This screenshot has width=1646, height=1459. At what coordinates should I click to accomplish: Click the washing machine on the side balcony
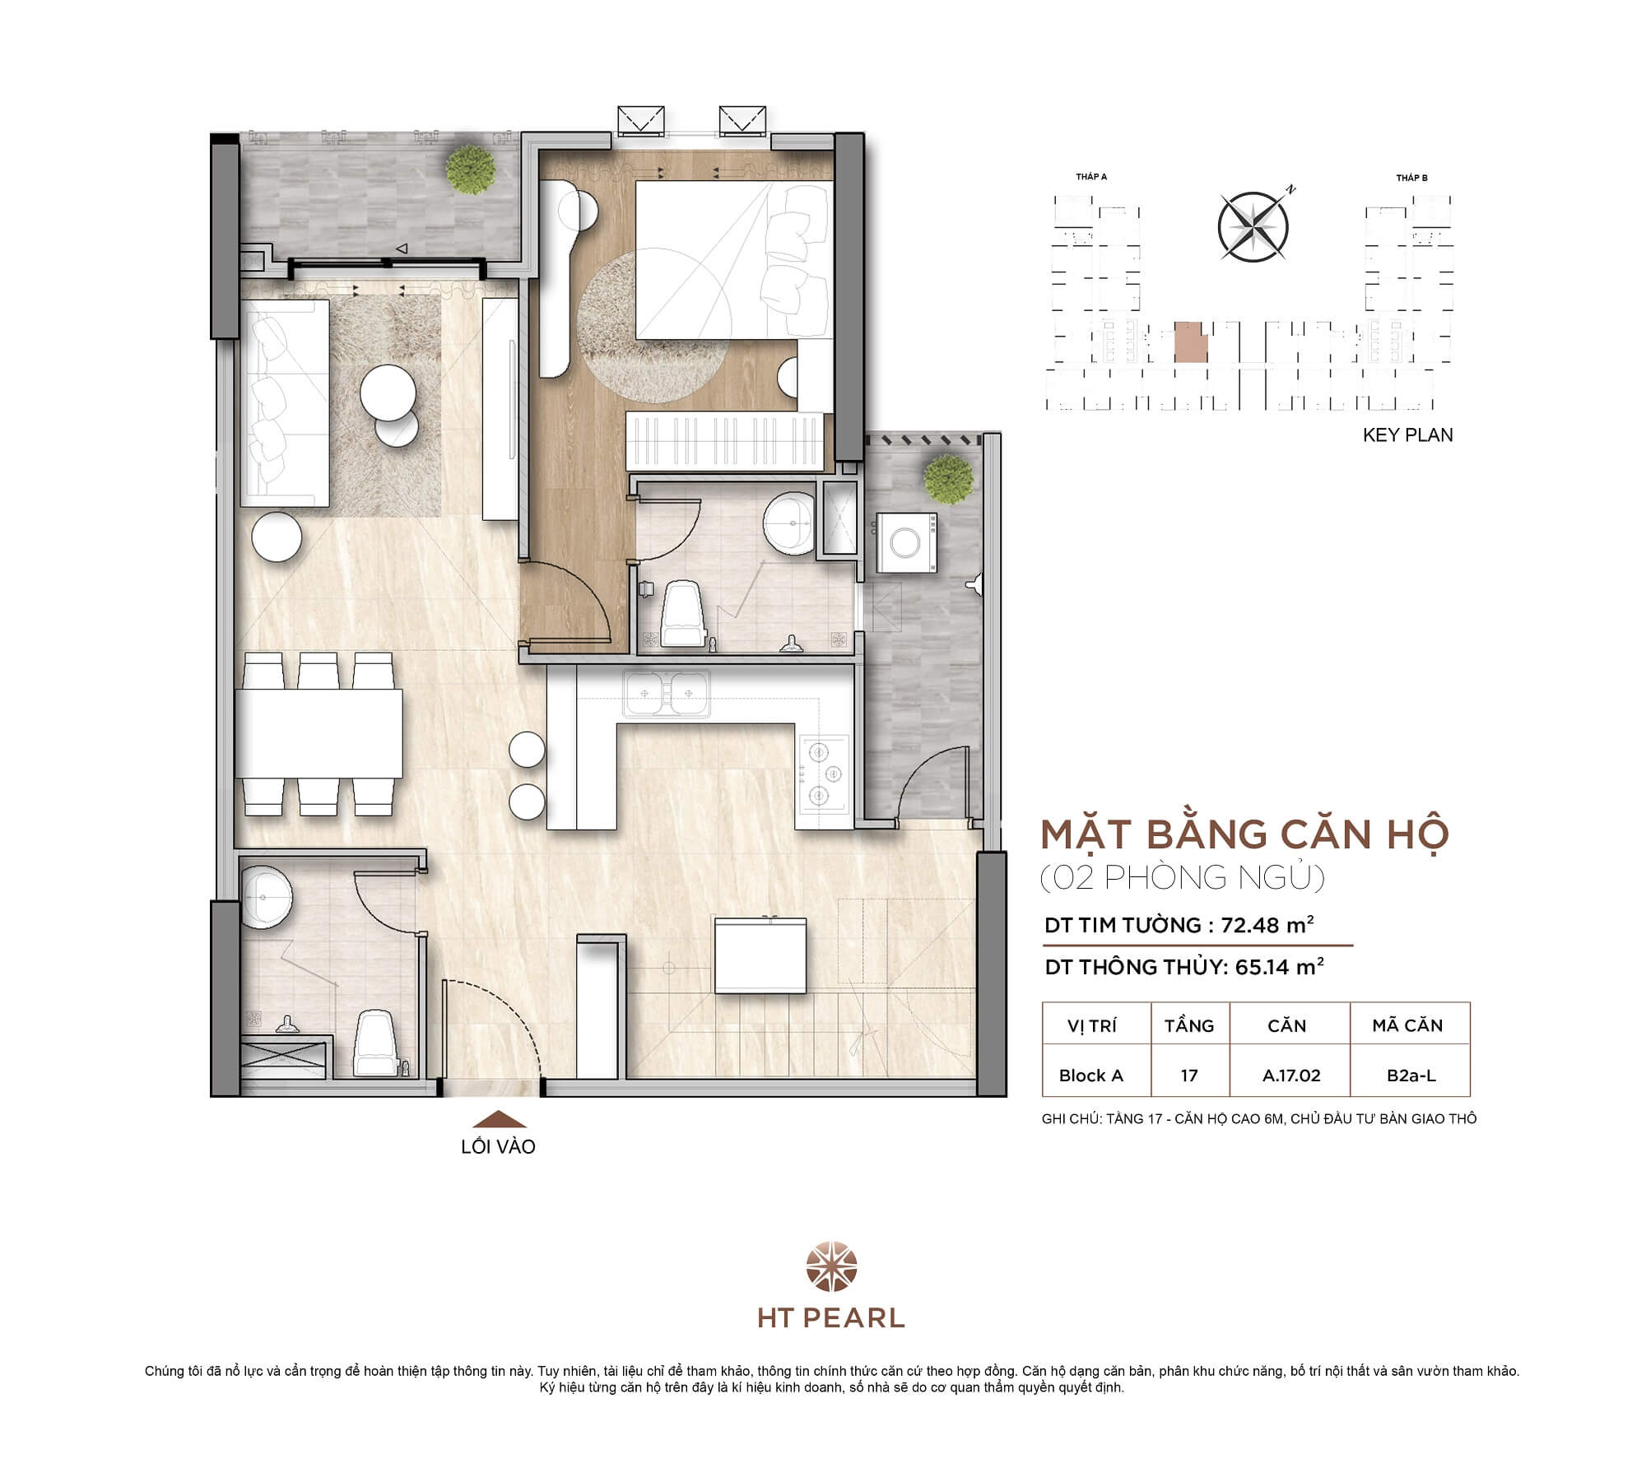pyautogui.click(x=906, y=542)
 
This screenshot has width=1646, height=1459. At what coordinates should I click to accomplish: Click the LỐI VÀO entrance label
pyautogui.click(x=498, y=1146)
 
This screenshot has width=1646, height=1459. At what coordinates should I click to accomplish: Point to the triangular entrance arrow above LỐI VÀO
pyautogui.click(x=499, y=1119)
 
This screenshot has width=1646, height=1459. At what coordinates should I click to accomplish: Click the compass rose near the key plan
pyautogui.click(x=1252, y=227)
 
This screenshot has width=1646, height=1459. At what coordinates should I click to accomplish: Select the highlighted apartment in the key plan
pyautogui.click(x=1190, y=342)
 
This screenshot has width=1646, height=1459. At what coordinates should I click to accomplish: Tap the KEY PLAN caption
pyautogui.click(x=1407, y=435)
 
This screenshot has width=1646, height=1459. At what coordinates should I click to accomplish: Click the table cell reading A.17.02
pyautogui.click(x=1290, y=1076)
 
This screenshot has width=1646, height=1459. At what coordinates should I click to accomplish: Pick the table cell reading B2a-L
pyautogui.click(x=1411, y=1076)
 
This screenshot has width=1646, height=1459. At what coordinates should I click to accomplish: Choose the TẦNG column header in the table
pyautogui.click(x=1188, y=1025)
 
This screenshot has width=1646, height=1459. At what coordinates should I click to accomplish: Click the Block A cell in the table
pyautogui.click(x=1090, y=1076)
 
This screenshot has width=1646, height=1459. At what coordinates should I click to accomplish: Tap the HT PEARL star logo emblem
pyautogui.click(x=830, y=1268)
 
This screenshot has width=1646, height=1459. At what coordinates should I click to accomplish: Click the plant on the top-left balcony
pyautogui.click(x=471, y=170)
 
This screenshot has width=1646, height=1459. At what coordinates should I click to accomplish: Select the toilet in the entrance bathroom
pyautogui.click(x=375, y=1043)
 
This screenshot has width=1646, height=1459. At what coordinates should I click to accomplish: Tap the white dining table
pyautogui.click(x=319, y=733)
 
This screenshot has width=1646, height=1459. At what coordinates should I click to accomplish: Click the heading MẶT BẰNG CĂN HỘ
pyautogui.click(x=1244, y=834)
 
